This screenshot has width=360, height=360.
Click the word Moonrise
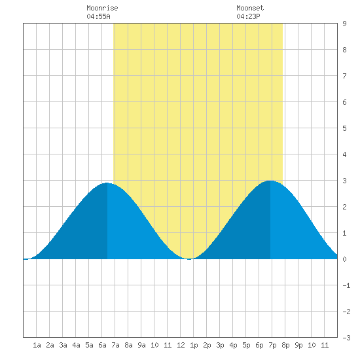(x=102, y=8)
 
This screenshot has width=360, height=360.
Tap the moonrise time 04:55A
(x=98, y=16)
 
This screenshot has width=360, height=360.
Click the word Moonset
(x=250, y=8)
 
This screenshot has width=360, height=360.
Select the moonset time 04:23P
(x=248, y=16)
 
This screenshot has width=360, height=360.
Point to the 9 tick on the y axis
(x=344, y=24)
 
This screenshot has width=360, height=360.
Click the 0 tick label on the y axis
(x=344, y=259)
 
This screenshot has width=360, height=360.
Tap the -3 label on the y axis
(x=346, y=338)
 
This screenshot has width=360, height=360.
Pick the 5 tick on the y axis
(x=344, y=128)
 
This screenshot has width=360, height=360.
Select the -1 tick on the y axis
(x=346, y=285)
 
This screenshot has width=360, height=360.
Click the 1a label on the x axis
(x=37, y=345)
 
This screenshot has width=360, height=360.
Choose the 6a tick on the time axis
(x=102, y=345)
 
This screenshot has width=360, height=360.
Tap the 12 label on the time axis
(x=181, y=345)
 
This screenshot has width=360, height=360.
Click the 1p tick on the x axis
(x=194, y=345)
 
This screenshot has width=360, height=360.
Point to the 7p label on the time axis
(x=272, y=345)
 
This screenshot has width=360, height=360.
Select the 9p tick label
(x=298, y=345)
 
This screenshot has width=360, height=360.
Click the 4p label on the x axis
(x=233, y=345)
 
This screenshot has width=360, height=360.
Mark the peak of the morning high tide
(x=107, y=183)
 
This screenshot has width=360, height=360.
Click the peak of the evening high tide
(x=270, y=181)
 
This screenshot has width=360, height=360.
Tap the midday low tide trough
(x=189, y=259)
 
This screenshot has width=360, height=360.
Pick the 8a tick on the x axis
(x=128, y=345)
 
